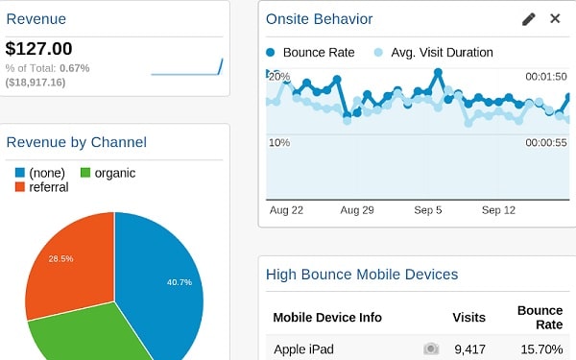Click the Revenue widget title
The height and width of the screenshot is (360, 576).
click(36, 18)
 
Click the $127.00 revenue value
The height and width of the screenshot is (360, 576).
click(38, 48)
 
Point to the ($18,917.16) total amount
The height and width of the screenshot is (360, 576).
click(36, 83)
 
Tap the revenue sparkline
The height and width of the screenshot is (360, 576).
click(187, 68)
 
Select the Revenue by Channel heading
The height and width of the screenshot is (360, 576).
click(76, 142)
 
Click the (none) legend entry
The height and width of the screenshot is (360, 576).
click(43, 173)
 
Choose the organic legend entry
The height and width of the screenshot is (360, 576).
click(107, 173)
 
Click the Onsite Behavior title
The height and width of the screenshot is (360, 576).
click(319, 19)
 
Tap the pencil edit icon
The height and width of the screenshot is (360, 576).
click(529, 19)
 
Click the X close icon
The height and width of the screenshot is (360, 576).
click(555, 19)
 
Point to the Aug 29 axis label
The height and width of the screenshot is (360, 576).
click(356, 209)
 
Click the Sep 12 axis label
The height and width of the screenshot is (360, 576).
click(499, 209)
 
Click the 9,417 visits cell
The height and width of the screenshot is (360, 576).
click(469, 348)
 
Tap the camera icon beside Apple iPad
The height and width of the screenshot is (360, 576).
click(431, 348)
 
